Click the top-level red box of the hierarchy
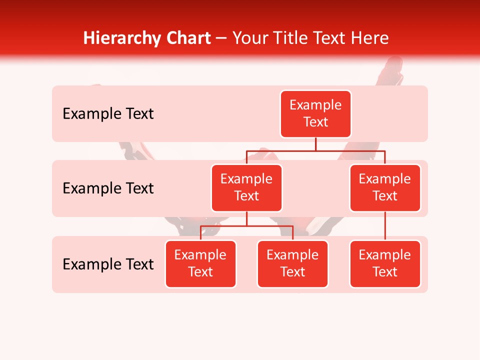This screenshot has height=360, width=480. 315,113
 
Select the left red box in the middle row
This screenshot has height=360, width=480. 246,187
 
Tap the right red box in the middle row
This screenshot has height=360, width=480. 385,187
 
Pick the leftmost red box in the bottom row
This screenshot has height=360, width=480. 200,263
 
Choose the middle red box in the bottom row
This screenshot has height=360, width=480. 292,263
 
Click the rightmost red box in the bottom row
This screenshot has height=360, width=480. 385,263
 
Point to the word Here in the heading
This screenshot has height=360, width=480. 369,38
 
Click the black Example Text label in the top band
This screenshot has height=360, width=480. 108,113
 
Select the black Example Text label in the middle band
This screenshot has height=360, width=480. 108,188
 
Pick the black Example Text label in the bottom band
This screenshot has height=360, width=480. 108,264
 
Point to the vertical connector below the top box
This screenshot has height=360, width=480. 315,144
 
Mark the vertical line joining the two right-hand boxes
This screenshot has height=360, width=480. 385,225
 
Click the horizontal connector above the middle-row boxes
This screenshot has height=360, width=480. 315,150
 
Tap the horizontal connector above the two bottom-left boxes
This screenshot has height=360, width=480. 246,225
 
